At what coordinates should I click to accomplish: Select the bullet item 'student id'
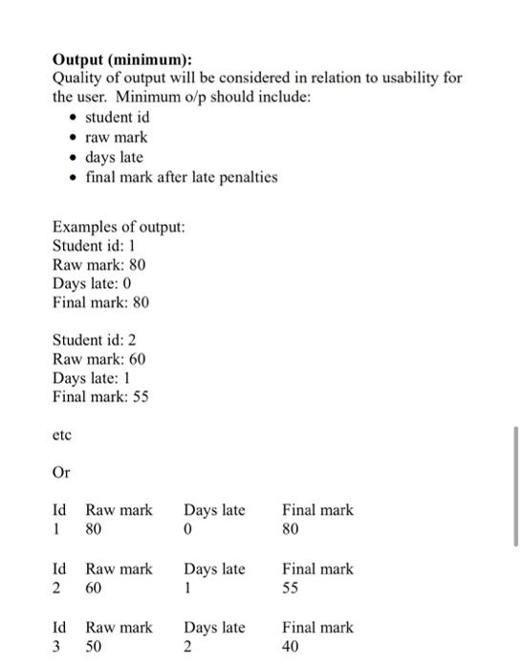pos(117,117)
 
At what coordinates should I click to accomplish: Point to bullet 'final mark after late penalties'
pos(182,176)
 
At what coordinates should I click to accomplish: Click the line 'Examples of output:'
pos(119,227)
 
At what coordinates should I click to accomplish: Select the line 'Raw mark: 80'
pos(99,264)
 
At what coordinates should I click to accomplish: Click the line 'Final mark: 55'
pos(100,396)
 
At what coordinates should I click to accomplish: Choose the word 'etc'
pos(61,435)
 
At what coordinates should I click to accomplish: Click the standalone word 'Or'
pos(61,473)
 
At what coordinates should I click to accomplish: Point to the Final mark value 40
pos(291,647)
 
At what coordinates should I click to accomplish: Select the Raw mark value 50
pos(94,647)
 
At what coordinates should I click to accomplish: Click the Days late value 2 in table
pos(188,647)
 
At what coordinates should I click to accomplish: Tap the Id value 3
pos(57,647)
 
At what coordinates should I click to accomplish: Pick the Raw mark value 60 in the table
pos(94,588)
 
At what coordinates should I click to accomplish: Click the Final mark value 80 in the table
pos(291,528)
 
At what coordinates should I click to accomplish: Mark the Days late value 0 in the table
pos(188,528)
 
